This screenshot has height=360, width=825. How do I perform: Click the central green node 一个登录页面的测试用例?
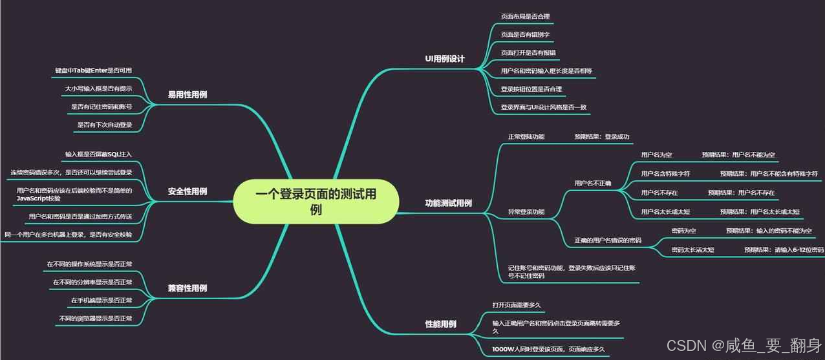(315, 201)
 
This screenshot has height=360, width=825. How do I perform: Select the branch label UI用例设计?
(445, 59)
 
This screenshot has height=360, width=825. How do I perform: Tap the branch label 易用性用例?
(187, 94)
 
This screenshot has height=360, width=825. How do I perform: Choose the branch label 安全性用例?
(187, 191)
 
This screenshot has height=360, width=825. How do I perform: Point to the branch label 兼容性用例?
(187, 288)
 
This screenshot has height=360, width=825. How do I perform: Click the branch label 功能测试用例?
(448, 203)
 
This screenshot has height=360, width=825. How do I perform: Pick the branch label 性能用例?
(440, 324)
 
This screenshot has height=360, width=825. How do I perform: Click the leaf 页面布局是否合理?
(526, 16)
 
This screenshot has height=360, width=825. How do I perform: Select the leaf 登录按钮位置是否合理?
(531, 89)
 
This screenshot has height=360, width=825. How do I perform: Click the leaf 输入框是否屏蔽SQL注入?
(98, 154)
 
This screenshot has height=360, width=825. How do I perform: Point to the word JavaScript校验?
(39, 198)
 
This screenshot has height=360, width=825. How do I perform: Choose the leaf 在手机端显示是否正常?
(102, 301)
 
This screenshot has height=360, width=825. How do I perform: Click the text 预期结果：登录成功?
(602, 137)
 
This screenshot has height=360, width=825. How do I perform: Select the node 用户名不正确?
(593, 183)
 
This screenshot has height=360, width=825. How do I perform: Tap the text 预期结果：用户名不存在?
(741, 193)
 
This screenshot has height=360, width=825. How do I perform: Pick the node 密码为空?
(683, 230)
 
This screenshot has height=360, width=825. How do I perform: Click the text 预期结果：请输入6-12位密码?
(784, 249)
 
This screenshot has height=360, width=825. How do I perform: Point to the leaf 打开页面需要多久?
(517, 304)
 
